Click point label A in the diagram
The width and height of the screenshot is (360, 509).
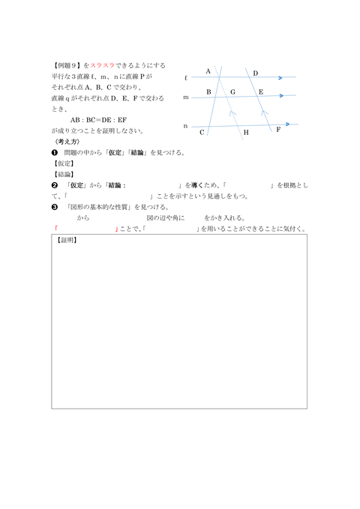tap(208, 71)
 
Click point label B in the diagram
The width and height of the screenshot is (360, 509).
tap(208, 91)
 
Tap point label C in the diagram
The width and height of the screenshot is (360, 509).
tap(202, 132)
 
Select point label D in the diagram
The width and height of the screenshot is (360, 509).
tap(255, 73)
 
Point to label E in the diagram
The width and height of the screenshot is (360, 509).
tap(260, 91)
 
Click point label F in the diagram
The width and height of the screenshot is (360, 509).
tap(278, 129)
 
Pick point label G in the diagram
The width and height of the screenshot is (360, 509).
tap(232, 91)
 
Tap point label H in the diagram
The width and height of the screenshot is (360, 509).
tap(245, 133)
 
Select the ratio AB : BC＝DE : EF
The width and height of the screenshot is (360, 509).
tap(97, 119)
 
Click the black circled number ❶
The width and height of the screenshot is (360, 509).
tap(55, 152)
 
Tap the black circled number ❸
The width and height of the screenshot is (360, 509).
tap(55, 207)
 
